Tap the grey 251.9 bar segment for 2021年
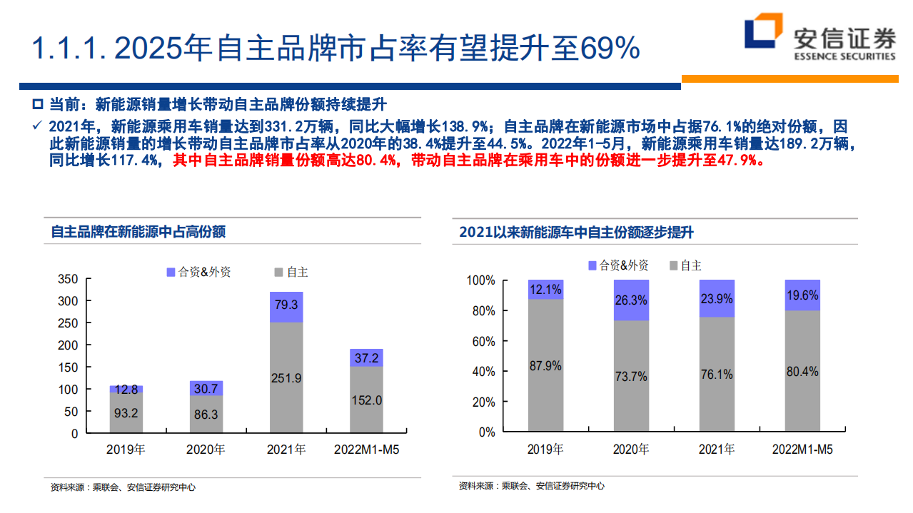click(x=286, y=377)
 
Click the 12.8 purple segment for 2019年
click(x=126, y=389)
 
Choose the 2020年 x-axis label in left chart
click(x=206, y=450)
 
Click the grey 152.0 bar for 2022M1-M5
click(x=366, y=400)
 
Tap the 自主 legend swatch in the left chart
click(x=278, y=272)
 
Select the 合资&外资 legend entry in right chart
click(x=617, y=265)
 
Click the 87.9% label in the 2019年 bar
click(x=545, y=366)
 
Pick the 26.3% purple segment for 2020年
click(x=631, y=300)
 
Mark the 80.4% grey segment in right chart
click(x=802, y=371)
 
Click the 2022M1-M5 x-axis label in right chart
click(x=802, y=450)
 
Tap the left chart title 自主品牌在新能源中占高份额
click(x=138, y=232)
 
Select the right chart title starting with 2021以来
click(x=576, y=233)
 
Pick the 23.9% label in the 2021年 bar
click(x=717, y=299)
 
